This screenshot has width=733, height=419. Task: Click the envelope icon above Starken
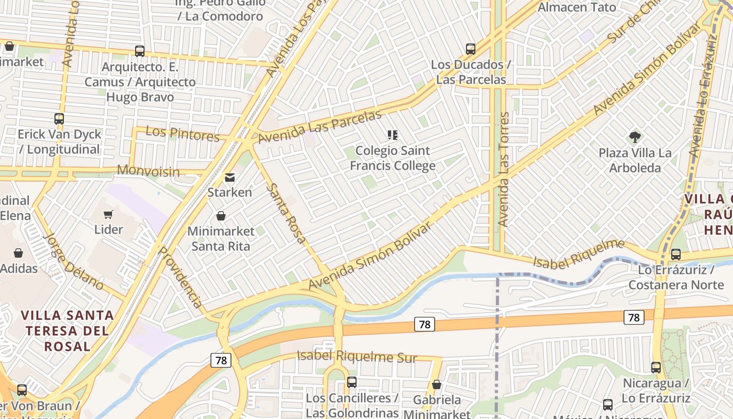(229, 178)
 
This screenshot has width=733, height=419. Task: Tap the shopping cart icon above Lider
(108, 214)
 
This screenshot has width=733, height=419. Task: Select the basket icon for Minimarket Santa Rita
(221, 216)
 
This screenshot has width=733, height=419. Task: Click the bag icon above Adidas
(18, 253)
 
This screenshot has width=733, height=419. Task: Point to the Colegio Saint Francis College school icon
(393, 135)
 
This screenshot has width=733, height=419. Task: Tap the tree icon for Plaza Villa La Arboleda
(635, 137)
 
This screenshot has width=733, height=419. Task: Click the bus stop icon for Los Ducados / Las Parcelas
(471, 49)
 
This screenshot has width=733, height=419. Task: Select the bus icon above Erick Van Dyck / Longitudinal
(59, 119)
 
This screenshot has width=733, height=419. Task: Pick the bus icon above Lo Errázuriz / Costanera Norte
(676, 255)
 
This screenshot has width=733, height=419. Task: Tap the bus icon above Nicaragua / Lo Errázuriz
(656, 367)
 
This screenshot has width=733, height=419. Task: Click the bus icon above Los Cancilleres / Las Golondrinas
(352, 382)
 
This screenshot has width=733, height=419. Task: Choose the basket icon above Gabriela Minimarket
(437, 385)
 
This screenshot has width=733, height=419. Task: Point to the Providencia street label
(180, 277)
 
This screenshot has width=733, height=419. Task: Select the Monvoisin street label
(148, 171)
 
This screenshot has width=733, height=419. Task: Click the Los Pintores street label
(182, 134)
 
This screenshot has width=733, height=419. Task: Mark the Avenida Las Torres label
(503, 169)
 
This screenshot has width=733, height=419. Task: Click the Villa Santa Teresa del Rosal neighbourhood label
(67, 330)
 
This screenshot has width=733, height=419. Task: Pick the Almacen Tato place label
(577, 7)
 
